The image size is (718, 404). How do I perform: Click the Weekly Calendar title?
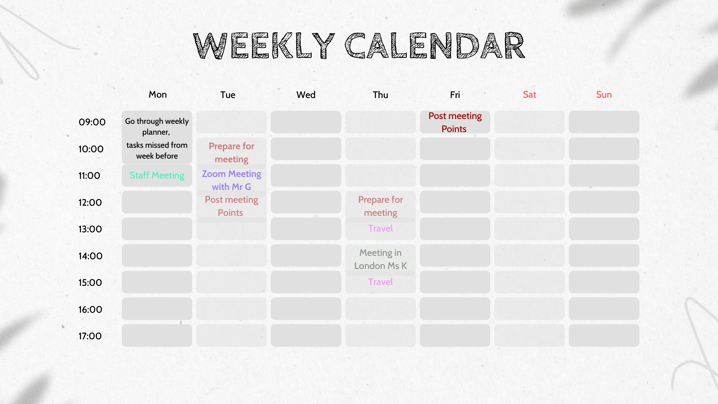tap(359, 46)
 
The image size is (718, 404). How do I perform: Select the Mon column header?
tap(157, 95)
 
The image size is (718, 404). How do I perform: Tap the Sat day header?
tap(529, 95)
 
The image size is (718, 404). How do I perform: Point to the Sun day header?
tap(604, 95)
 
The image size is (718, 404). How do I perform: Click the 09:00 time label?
tap(92, 122)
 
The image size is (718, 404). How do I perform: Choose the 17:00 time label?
tap(90, 336)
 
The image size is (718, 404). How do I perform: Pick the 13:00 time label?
tap(90, 229)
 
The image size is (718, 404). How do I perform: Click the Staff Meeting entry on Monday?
tap(157, 175)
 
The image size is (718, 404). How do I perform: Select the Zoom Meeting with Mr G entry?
tap(231, 180)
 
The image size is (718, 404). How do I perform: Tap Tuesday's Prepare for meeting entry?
tap(231, 153)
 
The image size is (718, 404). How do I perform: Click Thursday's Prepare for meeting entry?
tap(380, 206)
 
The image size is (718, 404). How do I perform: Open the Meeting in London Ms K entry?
tap(380, 259)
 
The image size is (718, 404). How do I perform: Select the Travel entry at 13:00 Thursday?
tap(380, 228)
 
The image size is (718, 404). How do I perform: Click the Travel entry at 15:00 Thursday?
tap(380, 282)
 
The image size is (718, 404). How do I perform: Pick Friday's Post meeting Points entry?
tap(455, 122)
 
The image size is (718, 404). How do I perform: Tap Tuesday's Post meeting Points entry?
tap(231, 206)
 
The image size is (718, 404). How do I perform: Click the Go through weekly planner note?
tap(157, 138)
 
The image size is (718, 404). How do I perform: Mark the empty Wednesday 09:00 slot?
tap(306, 122)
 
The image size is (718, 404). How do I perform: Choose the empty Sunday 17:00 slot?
tap(604, 336)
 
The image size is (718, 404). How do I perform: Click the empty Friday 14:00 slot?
tap(455, 255)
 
